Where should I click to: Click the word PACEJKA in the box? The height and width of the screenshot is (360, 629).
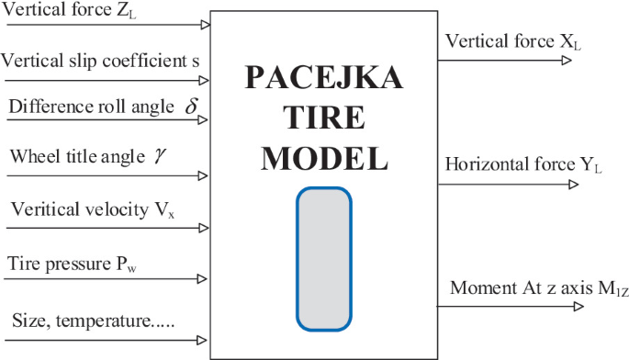(x=324, y=81)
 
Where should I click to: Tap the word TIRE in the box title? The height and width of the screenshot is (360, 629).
(x=324, y=118)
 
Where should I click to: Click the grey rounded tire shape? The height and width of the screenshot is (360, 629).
(x=323, y=258)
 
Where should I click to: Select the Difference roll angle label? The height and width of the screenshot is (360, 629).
(x=91, y=106)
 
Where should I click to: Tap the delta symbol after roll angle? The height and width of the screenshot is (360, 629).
(x=191, y=106)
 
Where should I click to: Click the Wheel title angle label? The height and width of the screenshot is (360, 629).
(x=78, y=155)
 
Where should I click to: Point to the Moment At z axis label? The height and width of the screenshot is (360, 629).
(x=538, y=288)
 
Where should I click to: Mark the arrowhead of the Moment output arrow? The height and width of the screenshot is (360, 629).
(x=576, y=306)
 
